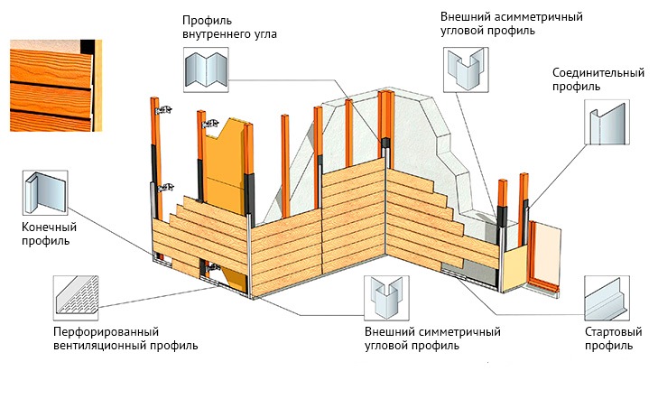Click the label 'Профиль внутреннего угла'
click(x=227, y=27)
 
